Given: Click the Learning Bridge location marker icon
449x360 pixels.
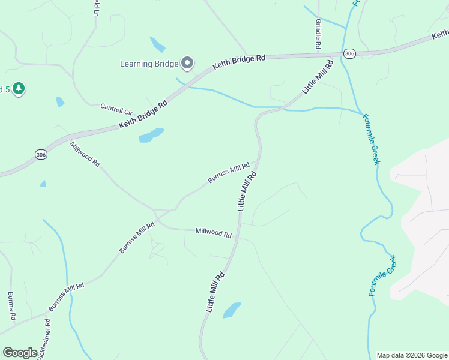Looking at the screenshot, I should (x=187, y=63).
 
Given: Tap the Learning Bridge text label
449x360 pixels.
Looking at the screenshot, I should (x=149, y=64).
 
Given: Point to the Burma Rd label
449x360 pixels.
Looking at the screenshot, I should (x=11, y=305).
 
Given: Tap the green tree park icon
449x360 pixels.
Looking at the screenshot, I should (x=19, y=89).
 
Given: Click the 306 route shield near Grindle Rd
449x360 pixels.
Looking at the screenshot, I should (x=350, y=54).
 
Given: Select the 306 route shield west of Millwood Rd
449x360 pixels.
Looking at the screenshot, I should (x=40, y=154).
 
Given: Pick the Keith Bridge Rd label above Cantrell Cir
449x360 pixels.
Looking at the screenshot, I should (x=143, y=113).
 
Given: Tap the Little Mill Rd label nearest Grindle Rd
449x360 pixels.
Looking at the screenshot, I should (x=318, y=76).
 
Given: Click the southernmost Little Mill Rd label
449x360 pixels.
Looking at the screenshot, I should (x=215, y=292).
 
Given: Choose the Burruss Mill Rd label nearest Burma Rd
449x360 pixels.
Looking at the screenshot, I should (x=66, y=296).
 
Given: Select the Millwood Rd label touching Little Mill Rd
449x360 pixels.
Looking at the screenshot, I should (x=213, y=233).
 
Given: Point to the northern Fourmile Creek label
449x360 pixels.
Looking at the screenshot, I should (x=372, y=139).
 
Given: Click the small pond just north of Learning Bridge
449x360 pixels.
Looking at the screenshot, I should (x=157, y=44).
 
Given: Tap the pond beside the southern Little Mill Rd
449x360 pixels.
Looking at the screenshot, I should (x=232, y=310).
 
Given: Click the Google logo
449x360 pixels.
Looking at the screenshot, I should (x=20, y=353).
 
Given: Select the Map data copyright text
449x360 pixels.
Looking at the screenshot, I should (x=411, y=355).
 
